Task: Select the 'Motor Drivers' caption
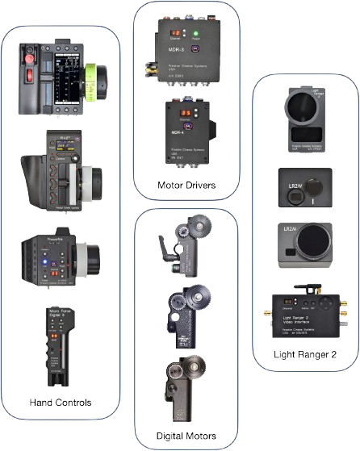(x=186, y=186)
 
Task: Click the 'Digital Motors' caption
(x=186, y=436)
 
